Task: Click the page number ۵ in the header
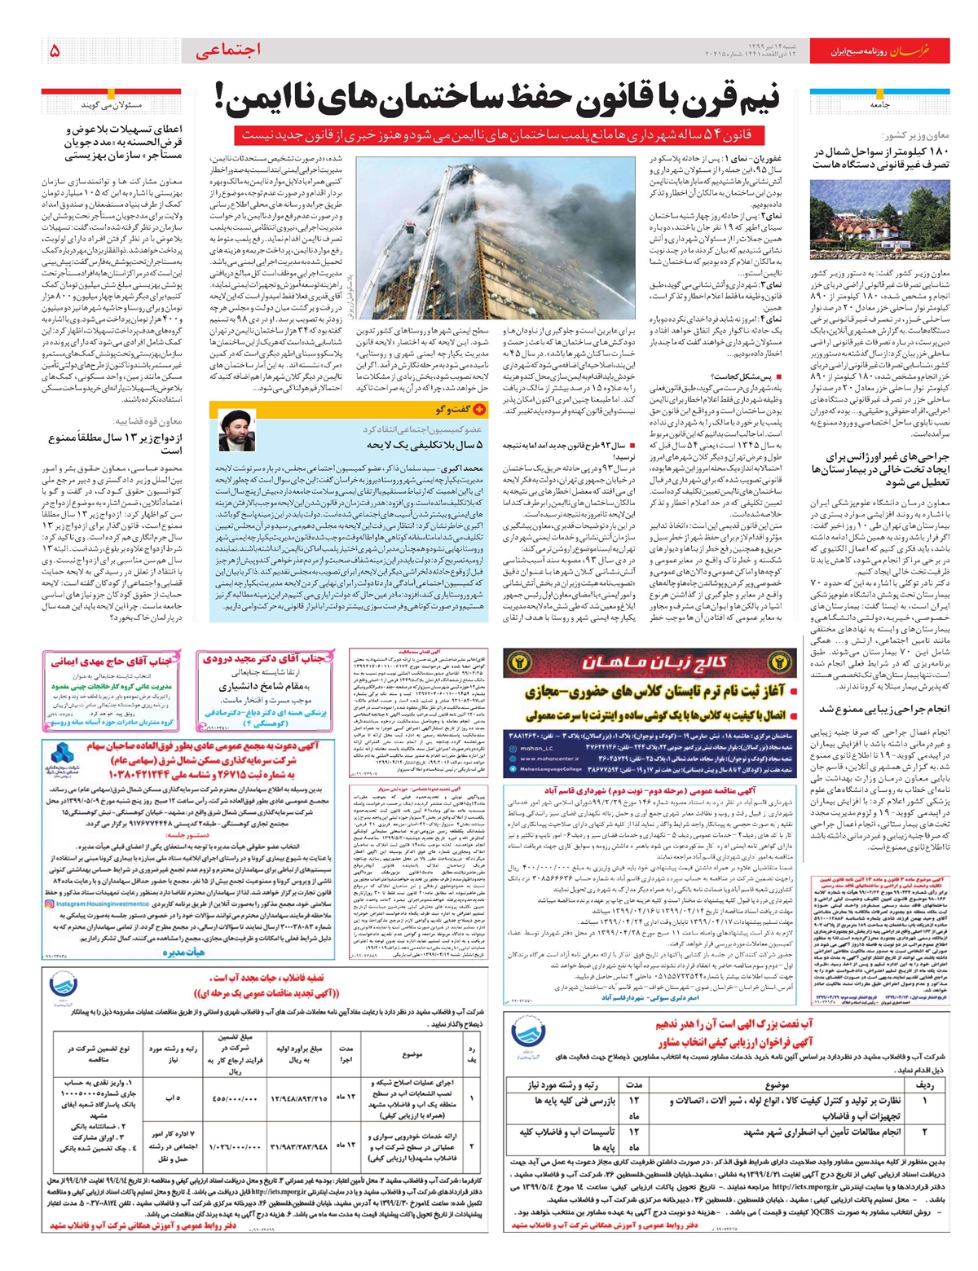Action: pos(55,51)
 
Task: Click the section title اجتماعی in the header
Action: pos(229,51)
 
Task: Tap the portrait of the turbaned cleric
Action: pos(236,431)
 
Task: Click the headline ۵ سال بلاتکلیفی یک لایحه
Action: pos(425,445)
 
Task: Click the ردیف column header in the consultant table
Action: pos(925,1084)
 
